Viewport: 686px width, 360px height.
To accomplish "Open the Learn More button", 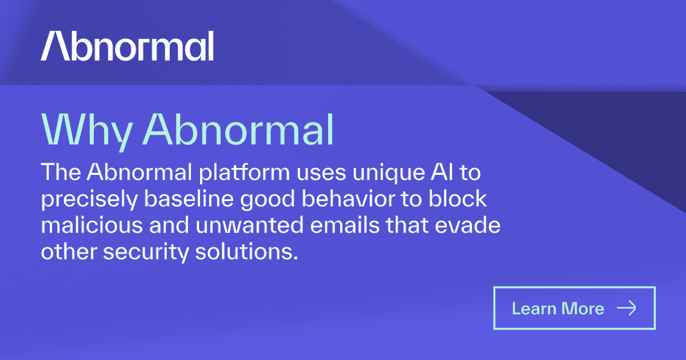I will (574, 309).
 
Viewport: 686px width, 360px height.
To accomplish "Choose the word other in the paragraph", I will (61, 251).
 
